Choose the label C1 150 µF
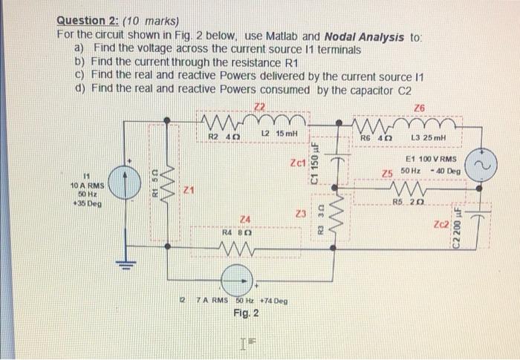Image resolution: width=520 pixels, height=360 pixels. [315, 165]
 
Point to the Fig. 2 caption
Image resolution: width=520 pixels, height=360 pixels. [245, 313]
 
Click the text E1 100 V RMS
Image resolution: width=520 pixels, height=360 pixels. [432, 160]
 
